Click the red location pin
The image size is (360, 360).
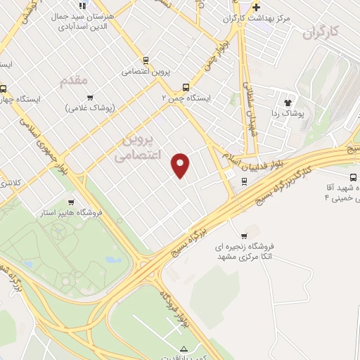click(181, 165)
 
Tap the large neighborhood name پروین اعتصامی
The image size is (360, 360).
click(138, 146)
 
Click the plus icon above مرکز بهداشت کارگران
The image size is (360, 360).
click(257, 7)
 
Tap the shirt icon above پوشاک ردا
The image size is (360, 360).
click(288, 101)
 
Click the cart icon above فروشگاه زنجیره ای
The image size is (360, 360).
click(244, 236)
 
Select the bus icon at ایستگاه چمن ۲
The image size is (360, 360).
click(186, 88)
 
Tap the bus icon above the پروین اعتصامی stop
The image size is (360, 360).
click(146, 60)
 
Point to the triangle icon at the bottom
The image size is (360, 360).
click(185, 349)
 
